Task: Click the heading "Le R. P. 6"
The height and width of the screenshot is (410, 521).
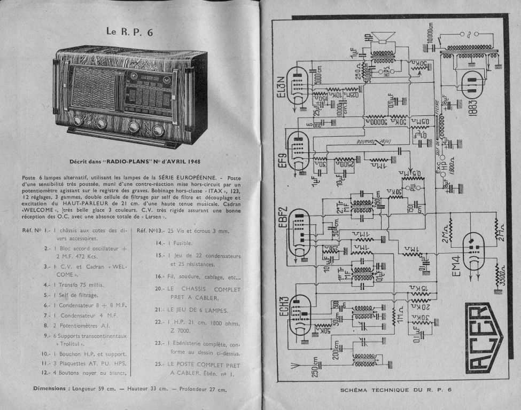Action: click(x=129, y=32)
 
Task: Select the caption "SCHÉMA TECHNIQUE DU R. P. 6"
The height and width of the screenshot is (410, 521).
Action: click(x=396, y=390)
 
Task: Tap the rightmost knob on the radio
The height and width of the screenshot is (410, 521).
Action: click(x=158, y=130)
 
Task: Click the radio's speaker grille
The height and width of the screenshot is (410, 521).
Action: click(x=93, y=88)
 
